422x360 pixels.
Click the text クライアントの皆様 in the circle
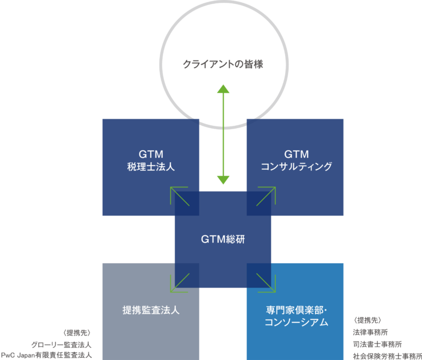pyautogui.click(x=223, y=65)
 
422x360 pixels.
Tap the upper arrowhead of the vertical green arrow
pyautogui.click(x=223, y=90)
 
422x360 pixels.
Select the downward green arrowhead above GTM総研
pyautogui.click(x=223, y=180)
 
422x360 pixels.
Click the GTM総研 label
pyautogui.click(x=223, y=240)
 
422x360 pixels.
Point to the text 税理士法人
pyautogui.click(x=150, y=166)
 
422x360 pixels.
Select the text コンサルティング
pyautogui.click(x=296, y=166)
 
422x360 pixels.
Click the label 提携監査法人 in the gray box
pyautogui.click(x=151, y=310)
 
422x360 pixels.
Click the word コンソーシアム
pyautogui.click(x=296, y=323)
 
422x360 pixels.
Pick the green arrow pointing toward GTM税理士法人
pyautogui.click(x=179, y=196)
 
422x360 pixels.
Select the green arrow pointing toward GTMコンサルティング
pyautogui.click(x=266, y=196)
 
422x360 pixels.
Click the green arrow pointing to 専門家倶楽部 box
pyautogui.click(x=266, y=283)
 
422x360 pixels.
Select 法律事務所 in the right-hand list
pyautogui.click(x=372, y=333)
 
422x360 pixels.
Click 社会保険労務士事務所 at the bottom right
pyautogui.click(x=385, y=355)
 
